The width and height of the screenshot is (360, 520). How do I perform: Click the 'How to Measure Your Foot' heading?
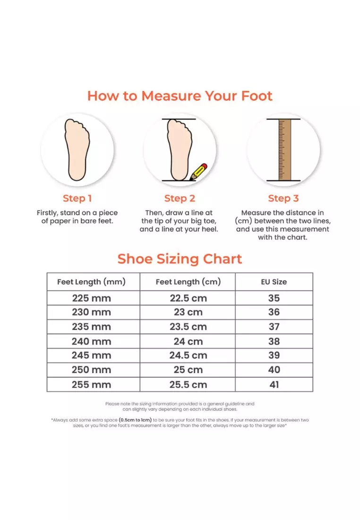tap(180, 96)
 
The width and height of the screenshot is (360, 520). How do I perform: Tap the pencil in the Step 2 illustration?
tap(199, 171)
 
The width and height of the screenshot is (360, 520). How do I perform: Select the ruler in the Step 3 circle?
tap(283, 149)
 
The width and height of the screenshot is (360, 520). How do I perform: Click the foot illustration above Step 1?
tap(77, 149)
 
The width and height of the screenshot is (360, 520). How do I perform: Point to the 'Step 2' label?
tap(180, 199)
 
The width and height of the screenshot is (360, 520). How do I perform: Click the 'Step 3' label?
tap(283, 199)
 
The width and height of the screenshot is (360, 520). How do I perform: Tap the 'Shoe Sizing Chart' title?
tap(180, 259)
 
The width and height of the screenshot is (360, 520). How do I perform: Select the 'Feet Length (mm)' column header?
tap(91, 282)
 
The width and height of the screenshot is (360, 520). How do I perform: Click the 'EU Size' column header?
tap(274, 282)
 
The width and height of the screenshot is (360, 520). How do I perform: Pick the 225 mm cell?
tap(91, 298)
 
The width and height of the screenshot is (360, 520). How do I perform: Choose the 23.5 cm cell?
tap(188, 327)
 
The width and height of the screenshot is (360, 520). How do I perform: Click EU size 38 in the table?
tap(274, 341)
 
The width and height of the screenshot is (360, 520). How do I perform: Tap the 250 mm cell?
tap(91, 370)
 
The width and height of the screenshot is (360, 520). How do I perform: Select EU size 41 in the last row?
tap(274, 384)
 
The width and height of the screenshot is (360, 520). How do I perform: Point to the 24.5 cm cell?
tap(188, 355)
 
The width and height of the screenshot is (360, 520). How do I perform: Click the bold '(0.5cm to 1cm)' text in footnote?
tap(135, 420)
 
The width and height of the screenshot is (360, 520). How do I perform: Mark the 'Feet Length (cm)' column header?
tap(188, 282)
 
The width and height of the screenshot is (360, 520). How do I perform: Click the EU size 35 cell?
tap(274, 298)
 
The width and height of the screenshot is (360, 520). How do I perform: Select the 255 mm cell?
tap(91, 384)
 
